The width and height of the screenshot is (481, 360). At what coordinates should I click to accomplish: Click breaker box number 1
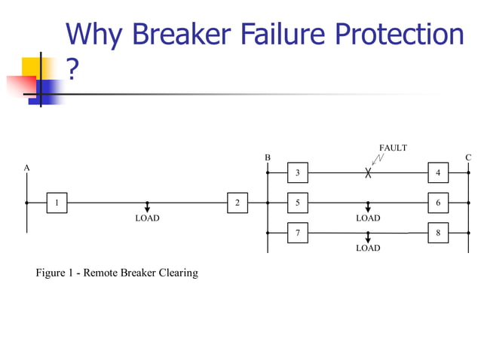[57, 203]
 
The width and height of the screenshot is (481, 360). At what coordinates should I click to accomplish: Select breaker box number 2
[237, 203]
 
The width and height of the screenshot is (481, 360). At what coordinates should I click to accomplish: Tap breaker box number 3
[297, 172]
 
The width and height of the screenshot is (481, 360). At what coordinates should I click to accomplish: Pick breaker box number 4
[438, 172]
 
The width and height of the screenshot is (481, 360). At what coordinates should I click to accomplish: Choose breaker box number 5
[297, 203]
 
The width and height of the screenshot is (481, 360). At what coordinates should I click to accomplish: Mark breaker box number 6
[438, 203]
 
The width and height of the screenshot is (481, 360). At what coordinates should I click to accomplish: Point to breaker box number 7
[297, 233]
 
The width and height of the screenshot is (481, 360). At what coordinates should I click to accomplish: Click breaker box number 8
[438, 233]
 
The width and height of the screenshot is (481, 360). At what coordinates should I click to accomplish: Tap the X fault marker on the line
[368, 172]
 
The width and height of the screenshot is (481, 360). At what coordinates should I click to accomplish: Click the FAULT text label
[393, 148]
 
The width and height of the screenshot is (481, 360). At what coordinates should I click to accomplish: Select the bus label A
[26, 167]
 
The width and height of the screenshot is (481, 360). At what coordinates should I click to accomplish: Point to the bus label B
[267, 157]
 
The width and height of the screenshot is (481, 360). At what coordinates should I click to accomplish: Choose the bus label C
[468, 157]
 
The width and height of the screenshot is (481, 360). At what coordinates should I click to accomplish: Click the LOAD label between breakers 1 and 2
[147, 218]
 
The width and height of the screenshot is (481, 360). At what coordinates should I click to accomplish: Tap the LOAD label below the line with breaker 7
[368, 248]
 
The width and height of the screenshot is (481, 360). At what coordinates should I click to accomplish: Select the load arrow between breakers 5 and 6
[368, 207]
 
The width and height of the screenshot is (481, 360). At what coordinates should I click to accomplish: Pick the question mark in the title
[72, 70]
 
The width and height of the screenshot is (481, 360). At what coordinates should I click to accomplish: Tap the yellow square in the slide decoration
[31, 67]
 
